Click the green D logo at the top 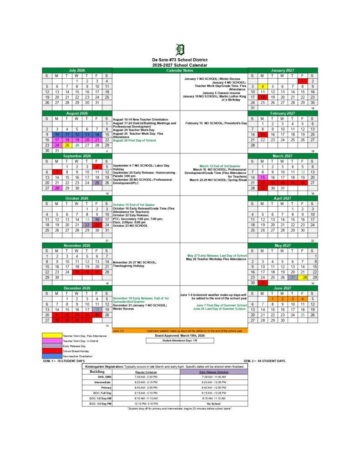[180, 50]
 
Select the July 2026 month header [77, 71]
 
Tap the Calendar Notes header [180, 71]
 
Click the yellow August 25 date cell [67, 146]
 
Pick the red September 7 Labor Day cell [57, 172]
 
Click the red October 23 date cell [96, 225]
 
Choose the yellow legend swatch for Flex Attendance [52, 335]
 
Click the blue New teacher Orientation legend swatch [52, 356]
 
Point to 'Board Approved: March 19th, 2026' [180, 335]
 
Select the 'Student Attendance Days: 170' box [180, 340]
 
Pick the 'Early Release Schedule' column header [213, 372]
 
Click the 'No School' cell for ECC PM [213, 404]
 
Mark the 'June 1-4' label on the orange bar [118, 330]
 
